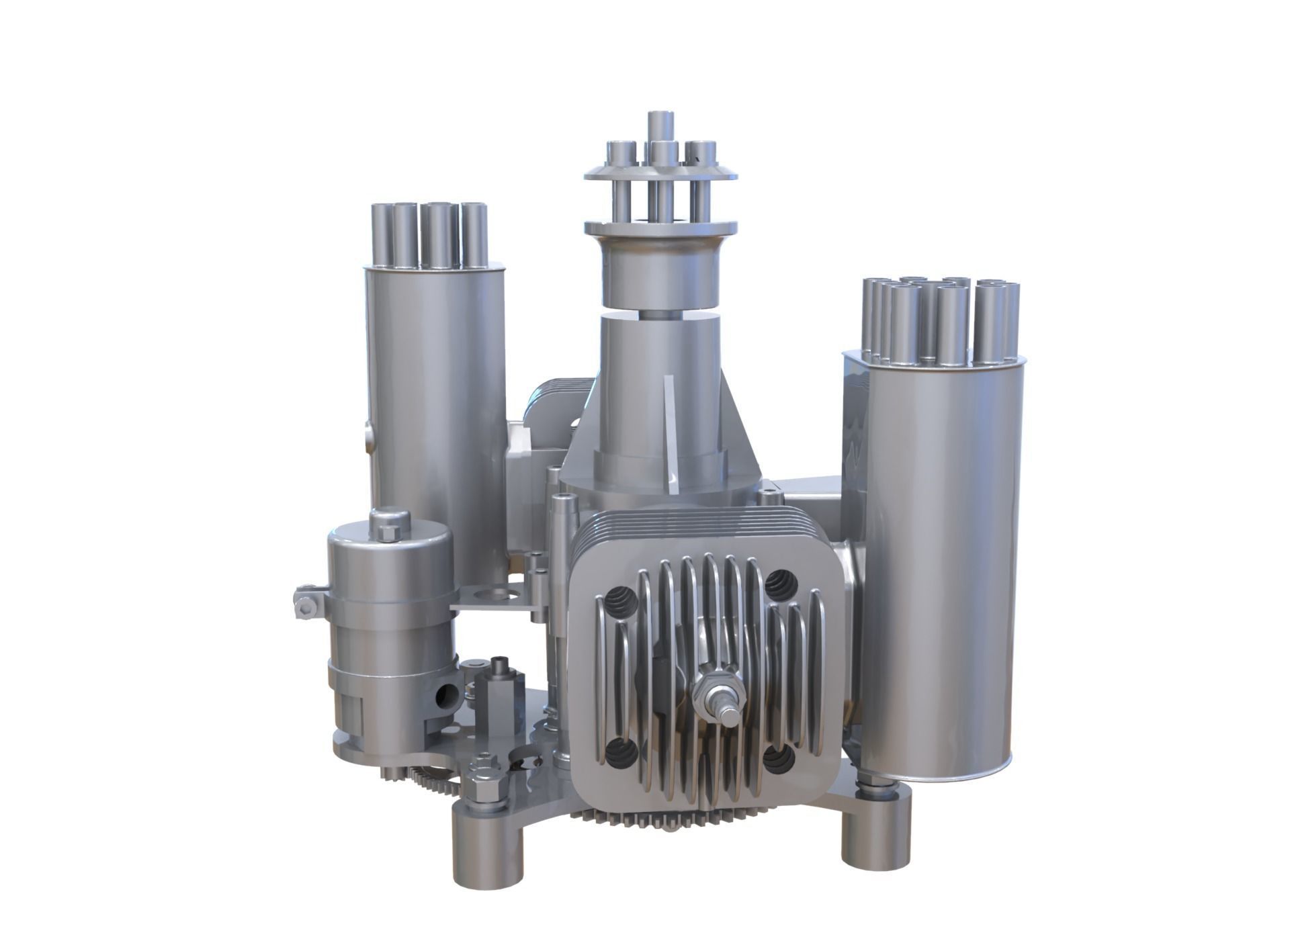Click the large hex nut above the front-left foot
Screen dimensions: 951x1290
click(x=484, y=786)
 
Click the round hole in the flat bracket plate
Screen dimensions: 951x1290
click(x=498, y=594)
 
